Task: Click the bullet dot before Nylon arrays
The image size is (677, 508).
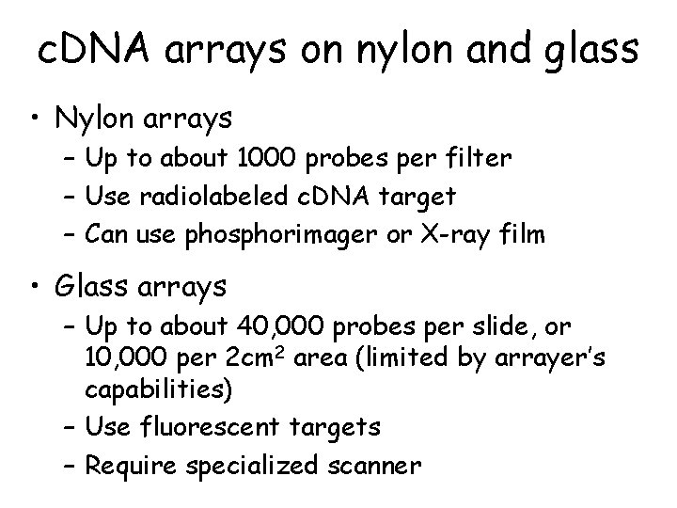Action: [x=37, y=119]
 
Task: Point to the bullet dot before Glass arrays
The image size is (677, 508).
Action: [x=37, y=285]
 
